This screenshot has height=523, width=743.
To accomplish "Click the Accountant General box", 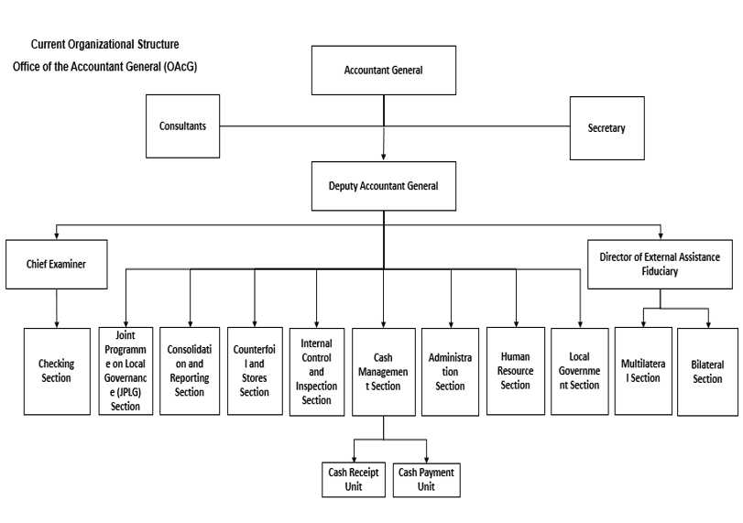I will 383,70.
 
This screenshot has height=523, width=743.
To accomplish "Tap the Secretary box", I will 606,127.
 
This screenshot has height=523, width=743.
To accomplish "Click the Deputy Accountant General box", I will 383,186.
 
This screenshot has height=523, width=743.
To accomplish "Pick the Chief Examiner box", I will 57,265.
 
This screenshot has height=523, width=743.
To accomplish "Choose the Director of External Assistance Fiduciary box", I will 661,265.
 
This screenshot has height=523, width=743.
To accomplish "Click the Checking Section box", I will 56,371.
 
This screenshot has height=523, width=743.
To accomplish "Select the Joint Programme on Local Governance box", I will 126,371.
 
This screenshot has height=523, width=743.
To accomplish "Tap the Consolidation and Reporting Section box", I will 190,371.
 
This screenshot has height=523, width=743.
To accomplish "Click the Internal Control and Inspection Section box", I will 317,371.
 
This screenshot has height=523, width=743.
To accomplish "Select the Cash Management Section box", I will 383,371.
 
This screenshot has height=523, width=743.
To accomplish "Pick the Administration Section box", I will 450,371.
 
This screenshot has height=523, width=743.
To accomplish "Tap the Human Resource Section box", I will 515,371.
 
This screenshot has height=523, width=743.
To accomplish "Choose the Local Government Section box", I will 581,371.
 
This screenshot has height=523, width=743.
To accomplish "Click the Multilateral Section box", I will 643,371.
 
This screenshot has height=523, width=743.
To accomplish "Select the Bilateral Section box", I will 707,371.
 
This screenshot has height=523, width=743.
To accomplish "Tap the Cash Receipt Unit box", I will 353,479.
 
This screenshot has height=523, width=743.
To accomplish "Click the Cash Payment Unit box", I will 425,479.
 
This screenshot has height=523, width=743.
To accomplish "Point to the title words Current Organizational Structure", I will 105,44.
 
